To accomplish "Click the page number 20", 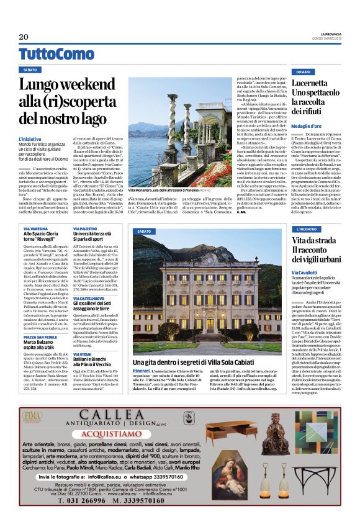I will [x=24, y=37].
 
